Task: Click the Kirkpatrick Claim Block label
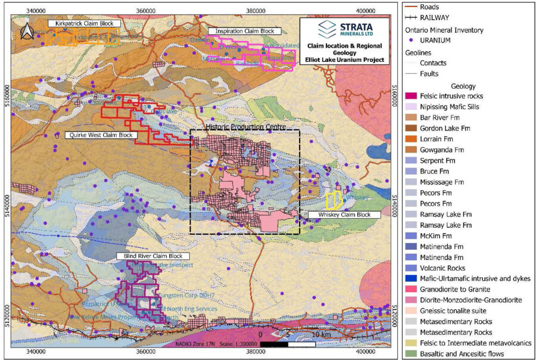click(84, 23)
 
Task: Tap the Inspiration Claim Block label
click(245, 30)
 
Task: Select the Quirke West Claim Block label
click(99, 135)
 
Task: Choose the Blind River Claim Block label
click(141, 256)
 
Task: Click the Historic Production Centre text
click(246, 127)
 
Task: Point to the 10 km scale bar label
click(322, 334)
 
